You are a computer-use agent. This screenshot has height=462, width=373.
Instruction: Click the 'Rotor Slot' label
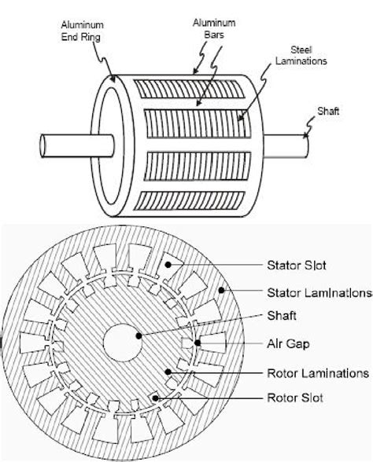tap(295, 398)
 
